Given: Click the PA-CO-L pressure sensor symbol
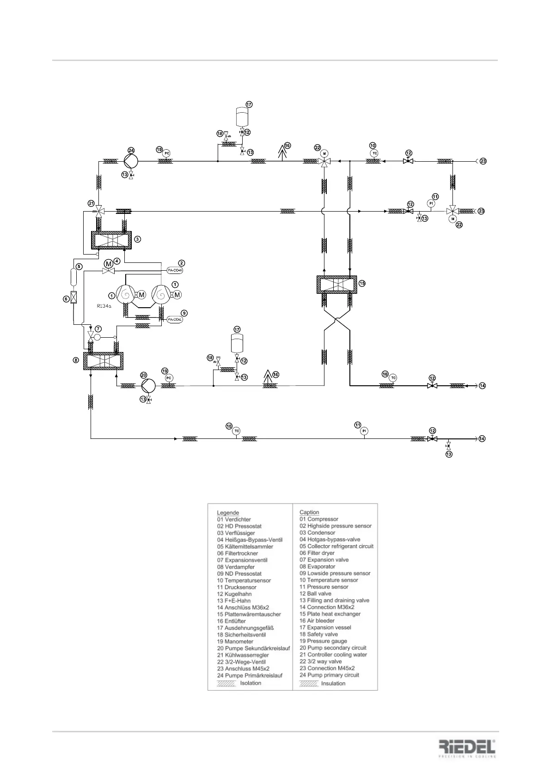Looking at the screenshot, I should click(175, 320).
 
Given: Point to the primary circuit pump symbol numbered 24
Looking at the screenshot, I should click(131, 161).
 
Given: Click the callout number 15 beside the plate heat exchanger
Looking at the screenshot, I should click(362, 283).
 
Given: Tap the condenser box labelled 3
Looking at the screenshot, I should click(111, 240).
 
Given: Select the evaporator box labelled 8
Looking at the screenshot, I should click(103, 360).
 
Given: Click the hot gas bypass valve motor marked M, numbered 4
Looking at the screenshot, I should click(108, 264).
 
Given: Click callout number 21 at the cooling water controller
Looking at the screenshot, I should click(91, 203).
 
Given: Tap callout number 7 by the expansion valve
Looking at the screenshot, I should click(98, 328).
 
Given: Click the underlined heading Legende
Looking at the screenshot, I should click(228, 512).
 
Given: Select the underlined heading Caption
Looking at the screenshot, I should click(309, 512).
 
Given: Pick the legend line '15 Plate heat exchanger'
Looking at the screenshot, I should click(330, 614).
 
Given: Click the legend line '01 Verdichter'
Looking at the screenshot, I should click(234, 519).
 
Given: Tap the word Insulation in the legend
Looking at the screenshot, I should click(333, 683).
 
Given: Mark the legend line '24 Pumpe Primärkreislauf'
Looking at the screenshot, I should click(250, 675).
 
